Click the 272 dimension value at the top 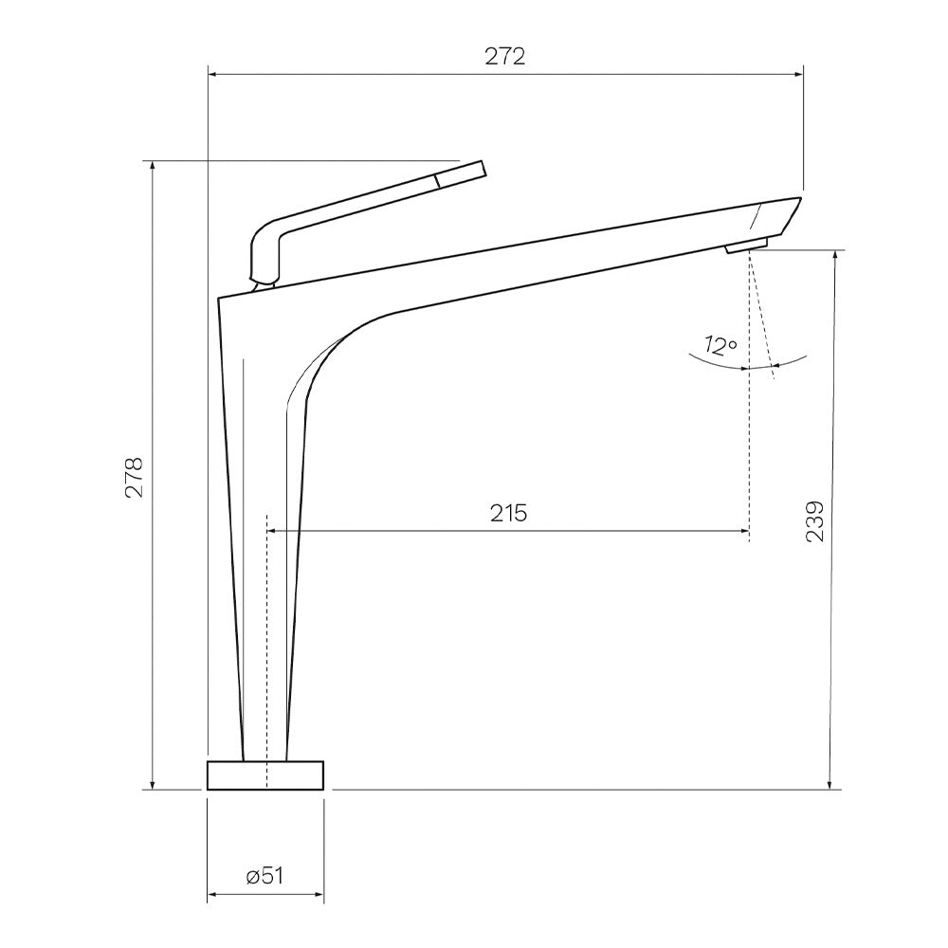505,56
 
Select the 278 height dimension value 135,477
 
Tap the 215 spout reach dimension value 508,513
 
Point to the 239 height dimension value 815,521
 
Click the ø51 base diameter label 264,875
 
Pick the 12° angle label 720,346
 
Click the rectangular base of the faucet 265,775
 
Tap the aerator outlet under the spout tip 747,246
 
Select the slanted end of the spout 780,215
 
